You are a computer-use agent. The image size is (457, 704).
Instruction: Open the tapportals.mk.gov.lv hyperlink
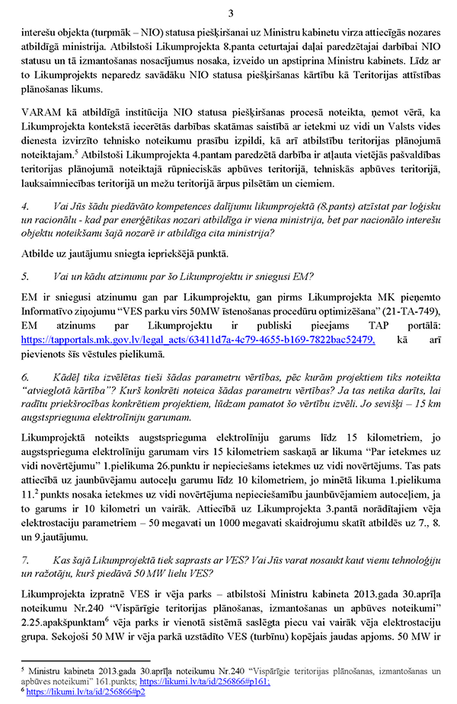coord(199,339)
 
